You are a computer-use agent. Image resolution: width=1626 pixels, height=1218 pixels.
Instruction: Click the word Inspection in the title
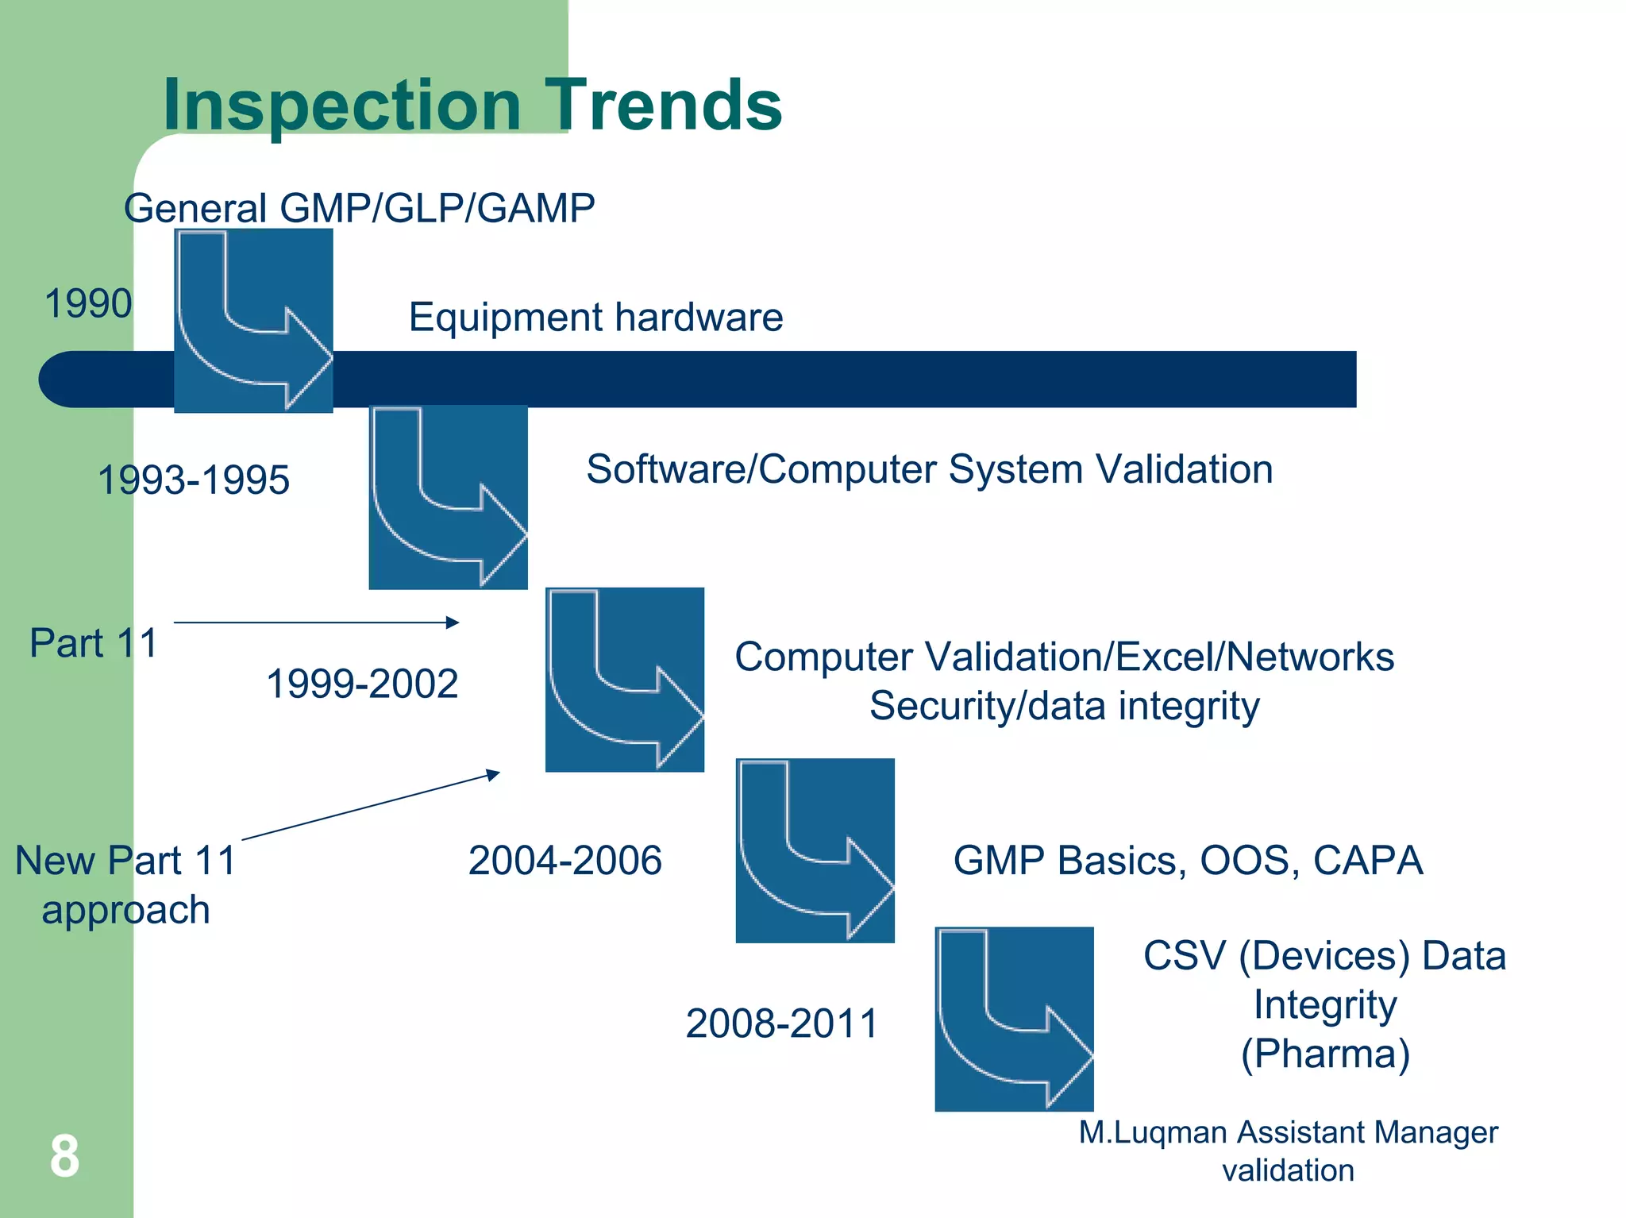click(341, 105)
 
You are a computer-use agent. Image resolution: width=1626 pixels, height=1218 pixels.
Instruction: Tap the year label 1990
click(88, 303)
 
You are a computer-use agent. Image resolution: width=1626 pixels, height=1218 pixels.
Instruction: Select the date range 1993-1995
click(194, 480)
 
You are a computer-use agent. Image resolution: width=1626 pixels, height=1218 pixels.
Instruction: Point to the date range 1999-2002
click(362, 684)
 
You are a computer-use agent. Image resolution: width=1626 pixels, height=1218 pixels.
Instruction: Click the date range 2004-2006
click(564, 861)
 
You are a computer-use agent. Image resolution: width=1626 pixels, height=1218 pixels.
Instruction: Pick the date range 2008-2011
click(782, 1023)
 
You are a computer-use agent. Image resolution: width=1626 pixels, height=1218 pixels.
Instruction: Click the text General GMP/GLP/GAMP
click(359, 209)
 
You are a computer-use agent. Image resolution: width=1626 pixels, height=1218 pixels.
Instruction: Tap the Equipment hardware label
click(595, 318)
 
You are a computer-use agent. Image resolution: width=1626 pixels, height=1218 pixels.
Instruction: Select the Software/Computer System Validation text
click(929, 469)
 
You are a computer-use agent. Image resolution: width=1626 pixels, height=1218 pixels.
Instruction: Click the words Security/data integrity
click(1064, 706)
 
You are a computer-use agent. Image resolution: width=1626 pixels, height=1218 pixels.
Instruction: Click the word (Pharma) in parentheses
click(1325, 1054)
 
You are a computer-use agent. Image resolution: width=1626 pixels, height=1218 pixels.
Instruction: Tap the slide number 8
click(64, 1156)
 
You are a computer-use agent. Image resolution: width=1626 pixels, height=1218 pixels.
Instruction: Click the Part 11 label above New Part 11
click(94, 643)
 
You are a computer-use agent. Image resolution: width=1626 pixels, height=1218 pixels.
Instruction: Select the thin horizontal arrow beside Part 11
click(316, 622)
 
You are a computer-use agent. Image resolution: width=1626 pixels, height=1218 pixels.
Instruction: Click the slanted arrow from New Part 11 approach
click(371, 805)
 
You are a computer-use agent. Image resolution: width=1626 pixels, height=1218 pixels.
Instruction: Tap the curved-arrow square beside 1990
click(253, 321)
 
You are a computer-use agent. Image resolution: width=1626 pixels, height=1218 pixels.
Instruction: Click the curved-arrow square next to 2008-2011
click(1014, 1019)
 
